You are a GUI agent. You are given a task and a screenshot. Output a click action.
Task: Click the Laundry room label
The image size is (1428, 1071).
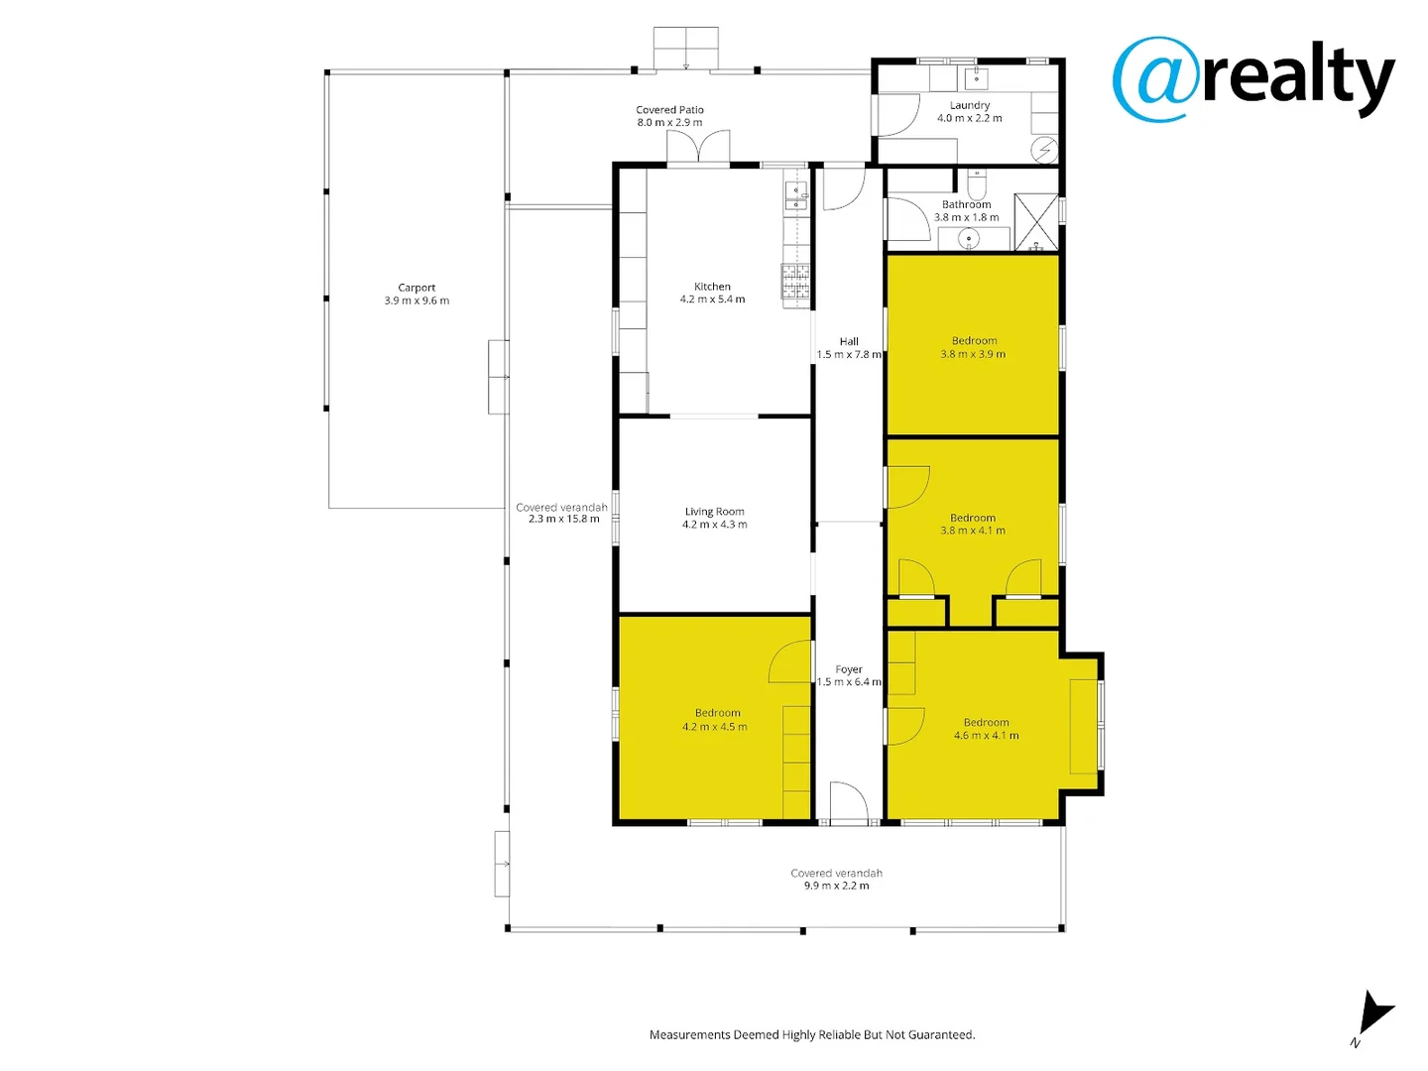(969, 105)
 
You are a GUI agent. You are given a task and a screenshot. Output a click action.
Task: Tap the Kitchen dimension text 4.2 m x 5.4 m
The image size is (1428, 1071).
(712, 299)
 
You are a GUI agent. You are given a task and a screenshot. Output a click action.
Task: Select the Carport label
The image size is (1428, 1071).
(416, 288)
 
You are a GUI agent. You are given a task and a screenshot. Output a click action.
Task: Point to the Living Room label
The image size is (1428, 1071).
(714, 512)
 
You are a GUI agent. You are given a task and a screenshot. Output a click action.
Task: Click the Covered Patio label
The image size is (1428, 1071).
(669, 110)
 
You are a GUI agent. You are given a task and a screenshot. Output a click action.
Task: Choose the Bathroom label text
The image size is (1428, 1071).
(966, 204)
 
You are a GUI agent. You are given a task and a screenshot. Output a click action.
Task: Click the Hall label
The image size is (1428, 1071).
(849, 341)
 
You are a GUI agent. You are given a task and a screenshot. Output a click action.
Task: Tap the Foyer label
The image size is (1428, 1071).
(849, 669)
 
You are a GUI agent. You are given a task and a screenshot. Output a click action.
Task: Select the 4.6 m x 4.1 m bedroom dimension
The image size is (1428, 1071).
(986, 736)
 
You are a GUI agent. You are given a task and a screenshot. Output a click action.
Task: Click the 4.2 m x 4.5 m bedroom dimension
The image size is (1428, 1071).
(715, 727)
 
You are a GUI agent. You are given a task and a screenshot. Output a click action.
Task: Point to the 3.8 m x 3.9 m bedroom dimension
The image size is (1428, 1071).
(973, 354)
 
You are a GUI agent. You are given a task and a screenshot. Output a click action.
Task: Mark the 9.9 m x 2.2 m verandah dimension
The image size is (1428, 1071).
(836, 886)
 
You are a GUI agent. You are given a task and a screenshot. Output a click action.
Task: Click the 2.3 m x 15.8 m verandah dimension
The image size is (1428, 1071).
(563, 519)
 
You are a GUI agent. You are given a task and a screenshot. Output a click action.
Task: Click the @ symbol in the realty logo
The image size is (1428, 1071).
(1155, 79)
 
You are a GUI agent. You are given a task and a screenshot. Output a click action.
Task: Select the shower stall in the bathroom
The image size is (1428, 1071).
(1036, 222)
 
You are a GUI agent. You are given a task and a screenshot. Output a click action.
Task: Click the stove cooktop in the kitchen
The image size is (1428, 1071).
(795, 281)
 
